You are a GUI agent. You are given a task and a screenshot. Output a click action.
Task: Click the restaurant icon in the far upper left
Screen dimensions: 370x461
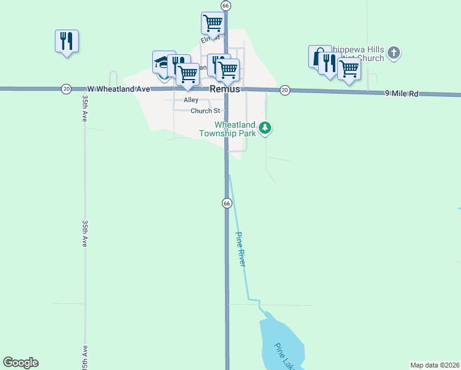point(67,41)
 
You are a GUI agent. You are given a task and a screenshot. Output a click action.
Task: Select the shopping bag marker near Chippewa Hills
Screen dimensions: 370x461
point(317,57)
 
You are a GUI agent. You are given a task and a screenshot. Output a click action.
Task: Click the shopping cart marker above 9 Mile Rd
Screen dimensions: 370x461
point(349,70)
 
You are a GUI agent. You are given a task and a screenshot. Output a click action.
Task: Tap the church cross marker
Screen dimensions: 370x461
point(395,53)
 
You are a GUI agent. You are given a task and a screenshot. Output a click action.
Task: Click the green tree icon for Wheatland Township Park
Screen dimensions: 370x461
point(265,128)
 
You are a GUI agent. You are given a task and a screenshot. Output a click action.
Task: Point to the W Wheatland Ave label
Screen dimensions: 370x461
point(118,89)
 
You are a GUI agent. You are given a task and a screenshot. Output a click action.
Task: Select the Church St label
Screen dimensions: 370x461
point(205,111)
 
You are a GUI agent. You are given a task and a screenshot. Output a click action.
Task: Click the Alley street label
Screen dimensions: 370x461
point(191,100)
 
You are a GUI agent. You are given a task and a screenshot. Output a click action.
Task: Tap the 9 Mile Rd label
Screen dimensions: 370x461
point(402,94)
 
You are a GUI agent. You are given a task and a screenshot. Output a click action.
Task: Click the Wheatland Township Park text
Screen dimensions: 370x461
point(226,128)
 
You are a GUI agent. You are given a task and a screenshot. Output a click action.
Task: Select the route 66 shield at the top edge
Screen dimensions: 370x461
point(226,5)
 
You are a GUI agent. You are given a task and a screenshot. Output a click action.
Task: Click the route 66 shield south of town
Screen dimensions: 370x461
point(226,203)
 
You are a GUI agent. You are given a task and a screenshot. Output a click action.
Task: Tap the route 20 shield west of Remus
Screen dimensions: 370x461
point(66,89)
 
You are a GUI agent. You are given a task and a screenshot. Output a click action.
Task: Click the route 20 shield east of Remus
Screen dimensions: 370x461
point(284,90)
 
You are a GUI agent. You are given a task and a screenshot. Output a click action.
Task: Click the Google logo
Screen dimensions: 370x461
point(20,363)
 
